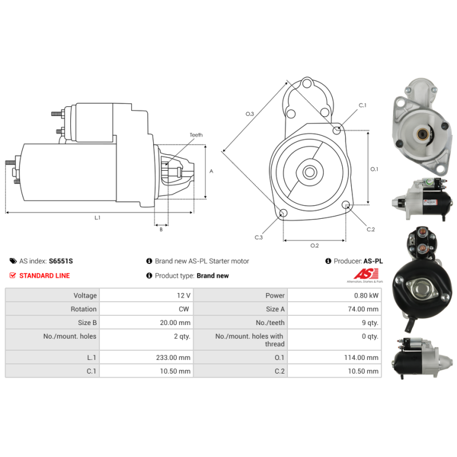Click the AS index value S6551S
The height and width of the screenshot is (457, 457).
(61, 261)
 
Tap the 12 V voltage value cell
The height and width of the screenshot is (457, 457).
(183, 295)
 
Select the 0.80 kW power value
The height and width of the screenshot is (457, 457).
(366, 295)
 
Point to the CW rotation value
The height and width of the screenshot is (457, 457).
(184, 309)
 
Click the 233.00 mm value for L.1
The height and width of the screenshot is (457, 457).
(173, 358)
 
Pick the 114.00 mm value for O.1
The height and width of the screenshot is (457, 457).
(361, 358)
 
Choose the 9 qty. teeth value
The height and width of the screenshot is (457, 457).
(370, 323)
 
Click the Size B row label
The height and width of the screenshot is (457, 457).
(87, 323)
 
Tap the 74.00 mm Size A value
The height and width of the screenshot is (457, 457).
(363, 309)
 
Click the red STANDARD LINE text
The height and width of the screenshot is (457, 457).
(45, 275)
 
